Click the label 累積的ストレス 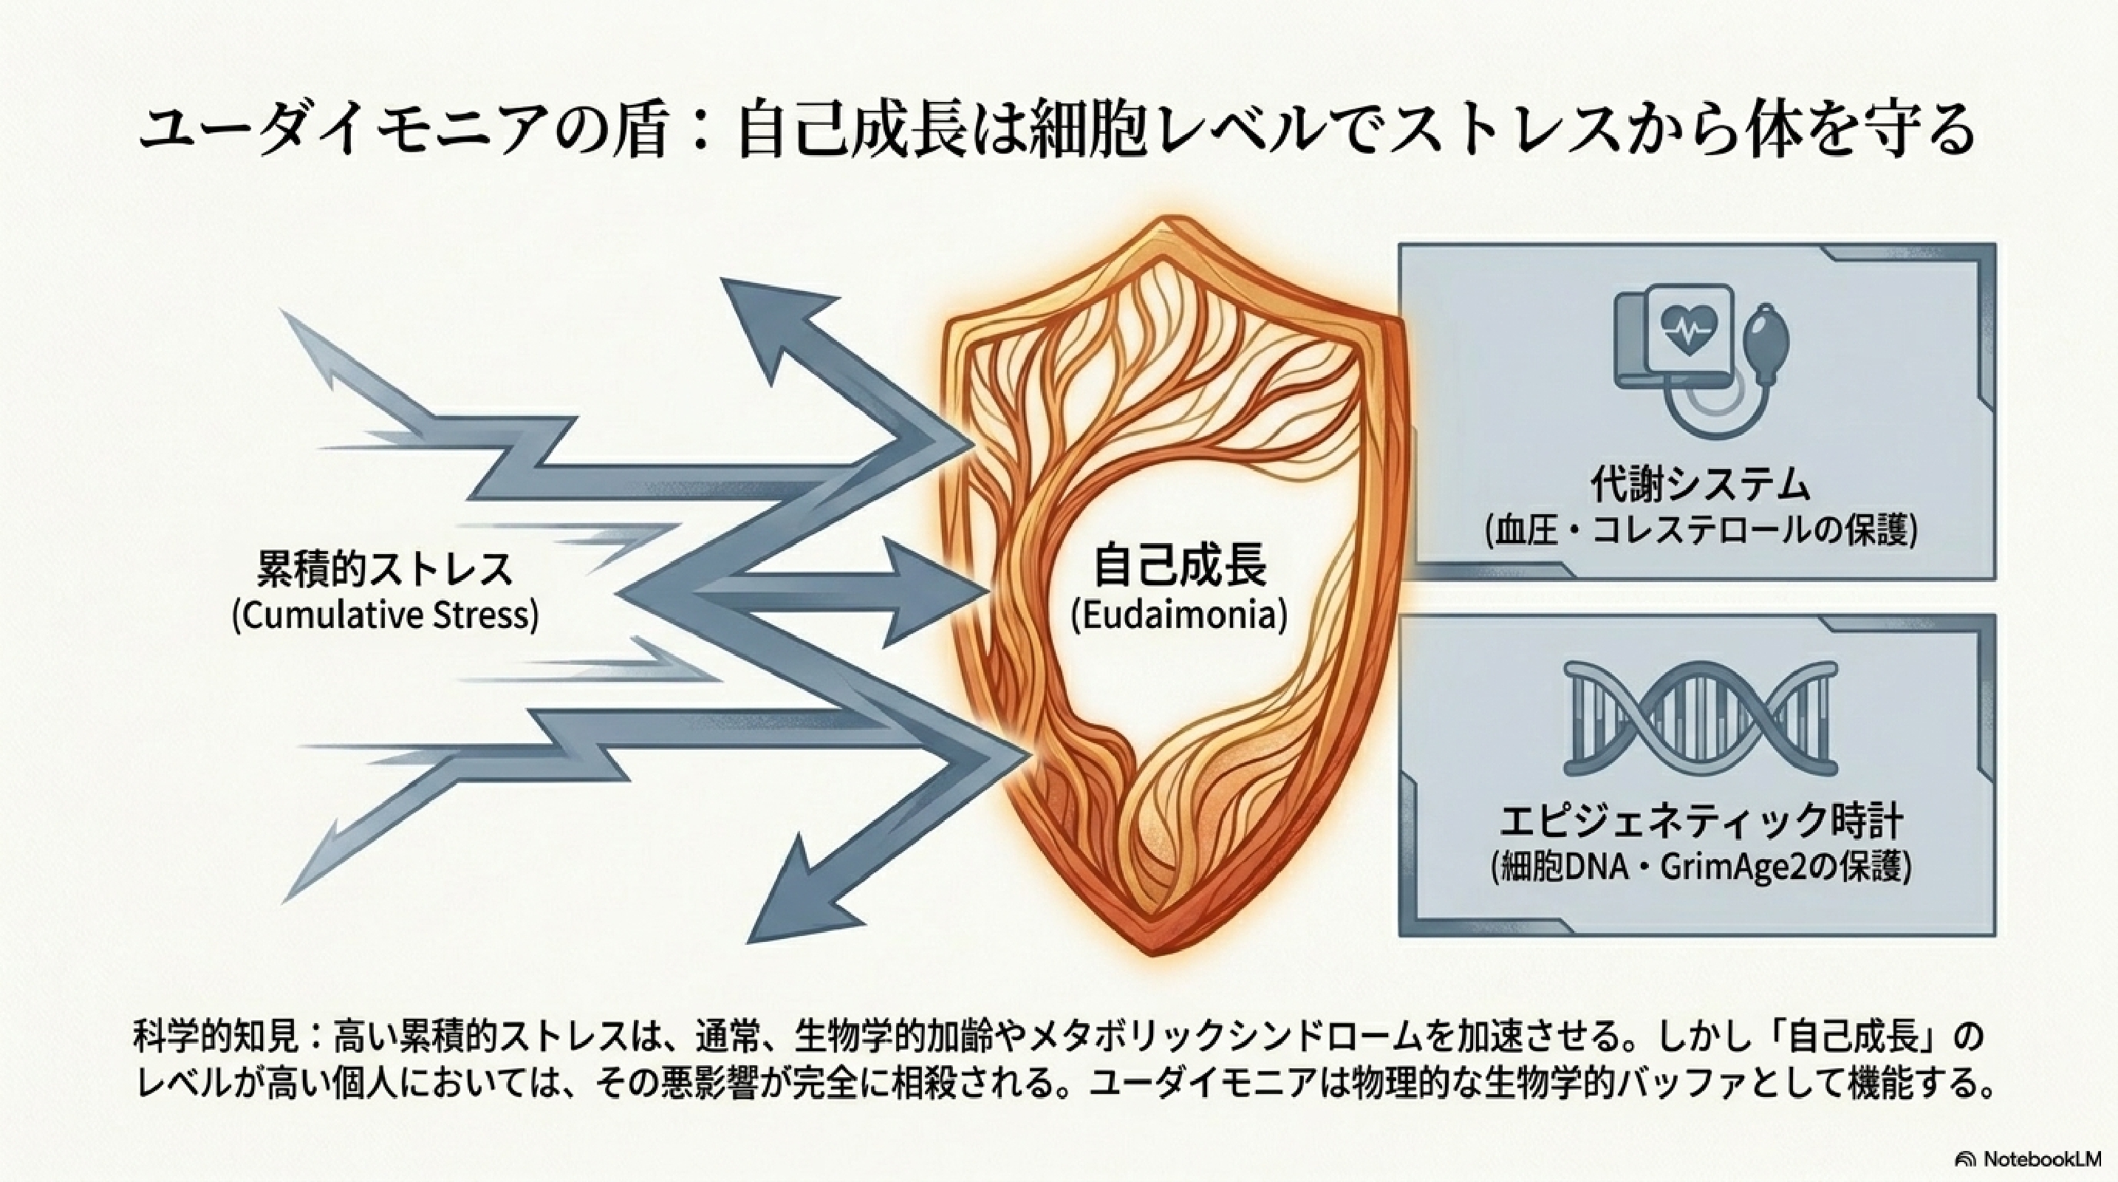pos(386,570)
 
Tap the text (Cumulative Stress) pos(386,615)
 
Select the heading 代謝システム pos(1701,486)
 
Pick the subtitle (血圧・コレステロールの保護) pos(1701,532)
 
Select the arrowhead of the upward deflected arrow pos(781,329)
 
